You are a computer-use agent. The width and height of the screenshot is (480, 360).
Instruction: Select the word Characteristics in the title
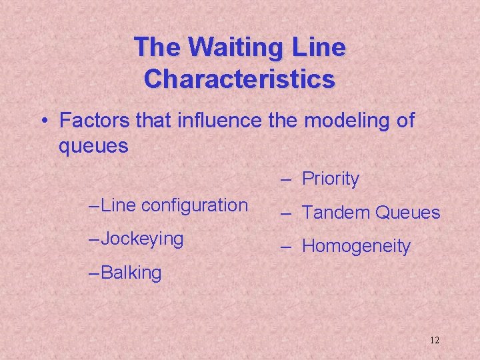pos(239,79)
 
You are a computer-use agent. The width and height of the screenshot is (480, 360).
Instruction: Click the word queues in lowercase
pos(93,146)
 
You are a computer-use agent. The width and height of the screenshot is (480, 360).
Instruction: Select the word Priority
pos(331,179)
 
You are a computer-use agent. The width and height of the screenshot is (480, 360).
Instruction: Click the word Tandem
pos(337,213)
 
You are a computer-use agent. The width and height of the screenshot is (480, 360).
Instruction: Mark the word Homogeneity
pos(356,247)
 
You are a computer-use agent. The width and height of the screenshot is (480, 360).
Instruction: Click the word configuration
pos(195,206)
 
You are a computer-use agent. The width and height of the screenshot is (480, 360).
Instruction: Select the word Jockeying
pos(142,239)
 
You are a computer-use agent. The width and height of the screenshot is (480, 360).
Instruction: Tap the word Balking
pos(131,273)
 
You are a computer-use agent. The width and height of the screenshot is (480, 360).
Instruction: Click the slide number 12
pos(434,340)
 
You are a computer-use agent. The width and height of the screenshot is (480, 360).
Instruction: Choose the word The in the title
pos(158,48)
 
